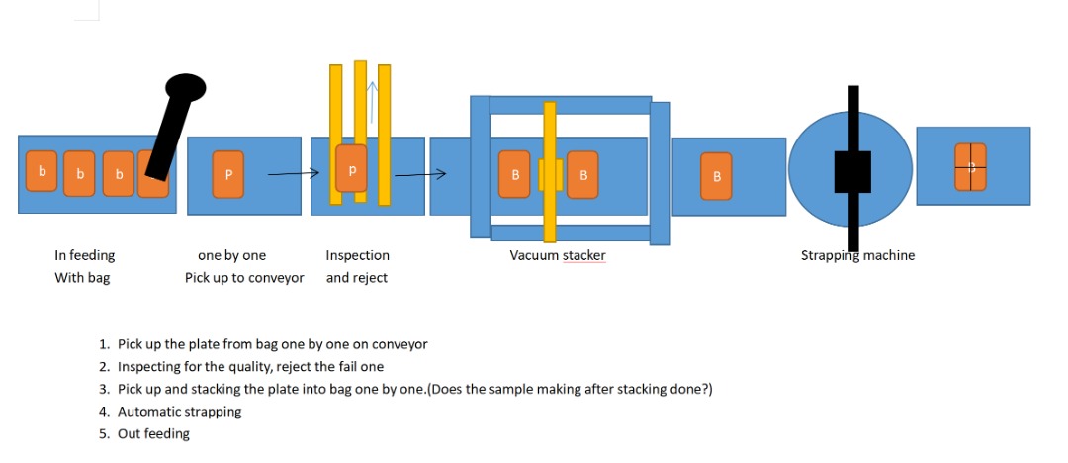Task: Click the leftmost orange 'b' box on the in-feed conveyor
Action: [42, 172]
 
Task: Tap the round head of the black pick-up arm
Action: [184, 88]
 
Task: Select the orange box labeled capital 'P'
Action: [228, 173]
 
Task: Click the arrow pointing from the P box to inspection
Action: [294, 174]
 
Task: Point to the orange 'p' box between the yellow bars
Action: [351, 169]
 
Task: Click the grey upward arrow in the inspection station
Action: [372, 99]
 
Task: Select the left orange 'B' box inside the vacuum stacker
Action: [514, 174]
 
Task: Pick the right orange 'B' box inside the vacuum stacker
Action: [582, 174]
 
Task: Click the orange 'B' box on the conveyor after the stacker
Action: [716, 175]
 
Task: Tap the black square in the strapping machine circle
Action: [851, 172]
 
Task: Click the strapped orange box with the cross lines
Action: [970, 166]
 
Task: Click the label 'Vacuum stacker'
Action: [558, 255]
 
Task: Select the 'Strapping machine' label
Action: [857, 255]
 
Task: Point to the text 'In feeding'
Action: [84, 255]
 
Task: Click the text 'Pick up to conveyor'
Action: [244, 278]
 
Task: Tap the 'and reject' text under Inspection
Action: [357, 278]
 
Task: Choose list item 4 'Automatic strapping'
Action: [179, 411]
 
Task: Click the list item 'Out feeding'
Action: [153, 433]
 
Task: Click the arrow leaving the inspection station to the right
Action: [420, 175]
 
